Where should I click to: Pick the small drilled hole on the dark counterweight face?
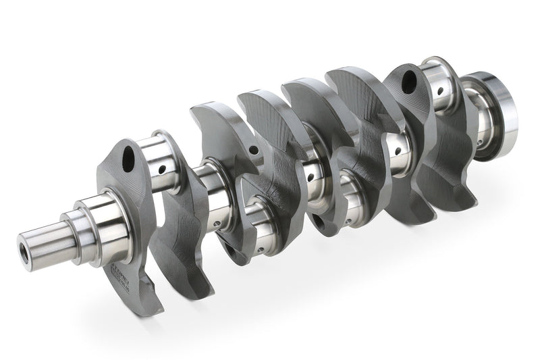[x=254, y=150]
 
